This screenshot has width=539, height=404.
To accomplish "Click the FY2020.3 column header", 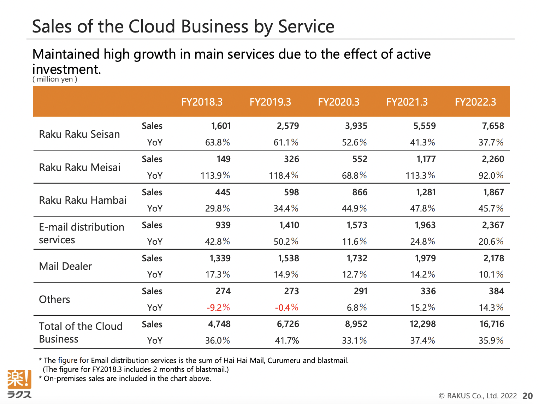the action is pyautogui.click(x=338, y=102).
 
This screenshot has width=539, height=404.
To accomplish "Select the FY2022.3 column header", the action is pyautogui.click(x=475, y=102).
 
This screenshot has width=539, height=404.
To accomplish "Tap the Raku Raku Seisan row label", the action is pyautogui.click(x=79, y=134).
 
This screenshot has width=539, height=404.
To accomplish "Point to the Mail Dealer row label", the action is pyautogui.click(x=65, y=266).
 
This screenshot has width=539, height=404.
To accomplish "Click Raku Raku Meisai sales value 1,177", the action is pyautogui.click(x=426, y=159).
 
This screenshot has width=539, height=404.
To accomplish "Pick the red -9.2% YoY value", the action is pyautogui.click(x=218, y=307).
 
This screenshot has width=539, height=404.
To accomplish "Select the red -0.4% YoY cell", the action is pyautogui.click(x=286, y=307).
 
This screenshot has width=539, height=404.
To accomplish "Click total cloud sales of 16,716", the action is pyautogui.click(x=492, y=324).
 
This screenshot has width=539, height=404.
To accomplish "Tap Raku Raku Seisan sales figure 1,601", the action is pyautogui.click(x=221, y=126).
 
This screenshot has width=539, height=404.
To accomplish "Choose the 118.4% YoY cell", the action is pyautogui.click(x=283, y=176).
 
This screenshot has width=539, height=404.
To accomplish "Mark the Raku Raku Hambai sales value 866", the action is pyautogui.click(x=360, y=192).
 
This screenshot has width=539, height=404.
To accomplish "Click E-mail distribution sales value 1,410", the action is pyautogui.click(x=289, y=225).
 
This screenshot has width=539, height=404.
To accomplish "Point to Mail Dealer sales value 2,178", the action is pyautogui.click(x=493, y=258).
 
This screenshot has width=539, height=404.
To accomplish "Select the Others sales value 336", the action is pyautogui.click(x=428, y=291).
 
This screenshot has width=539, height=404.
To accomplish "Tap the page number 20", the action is pyautogui.click(x=527, y=396).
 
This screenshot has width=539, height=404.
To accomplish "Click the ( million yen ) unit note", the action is pyautogui.click(x=55, y=79).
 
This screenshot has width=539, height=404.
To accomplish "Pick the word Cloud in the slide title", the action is pyautogui.click(x=152, y=26).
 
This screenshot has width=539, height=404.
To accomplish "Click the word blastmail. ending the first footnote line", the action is pyautogui.click(x=333, y=360).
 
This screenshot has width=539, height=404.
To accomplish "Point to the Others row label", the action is pyautogui.click(x=54, y=299).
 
